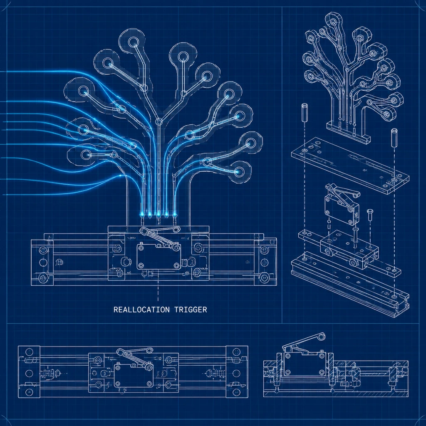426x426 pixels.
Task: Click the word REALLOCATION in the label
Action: click(141, 310)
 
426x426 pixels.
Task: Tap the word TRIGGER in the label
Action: click(191, 310)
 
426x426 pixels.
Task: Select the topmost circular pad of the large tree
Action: click(134, 42)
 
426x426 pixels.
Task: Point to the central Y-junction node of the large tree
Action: click(159, 121)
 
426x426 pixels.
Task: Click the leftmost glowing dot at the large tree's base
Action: click(141, 215)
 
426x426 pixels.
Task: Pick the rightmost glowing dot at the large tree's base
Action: click(175, 215)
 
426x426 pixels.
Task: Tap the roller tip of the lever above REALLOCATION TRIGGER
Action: click(177, 229)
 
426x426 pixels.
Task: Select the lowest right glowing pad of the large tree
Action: click(239, 171)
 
